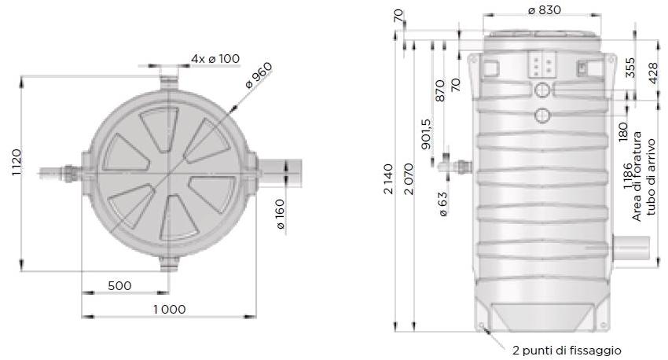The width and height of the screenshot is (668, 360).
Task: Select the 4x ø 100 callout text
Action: coord(215,59)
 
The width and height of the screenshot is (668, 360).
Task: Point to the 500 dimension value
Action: coord(119,285)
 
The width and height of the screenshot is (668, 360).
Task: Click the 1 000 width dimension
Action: coord(169,309)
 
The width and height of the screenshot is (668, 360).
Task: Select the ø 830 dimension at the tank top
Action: coord(543,10)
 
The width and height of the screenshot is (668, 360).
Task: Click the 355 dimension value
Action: coord(630,67)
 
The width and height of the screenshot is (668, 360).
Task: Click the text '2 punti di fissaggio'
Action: coord(567,351)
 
